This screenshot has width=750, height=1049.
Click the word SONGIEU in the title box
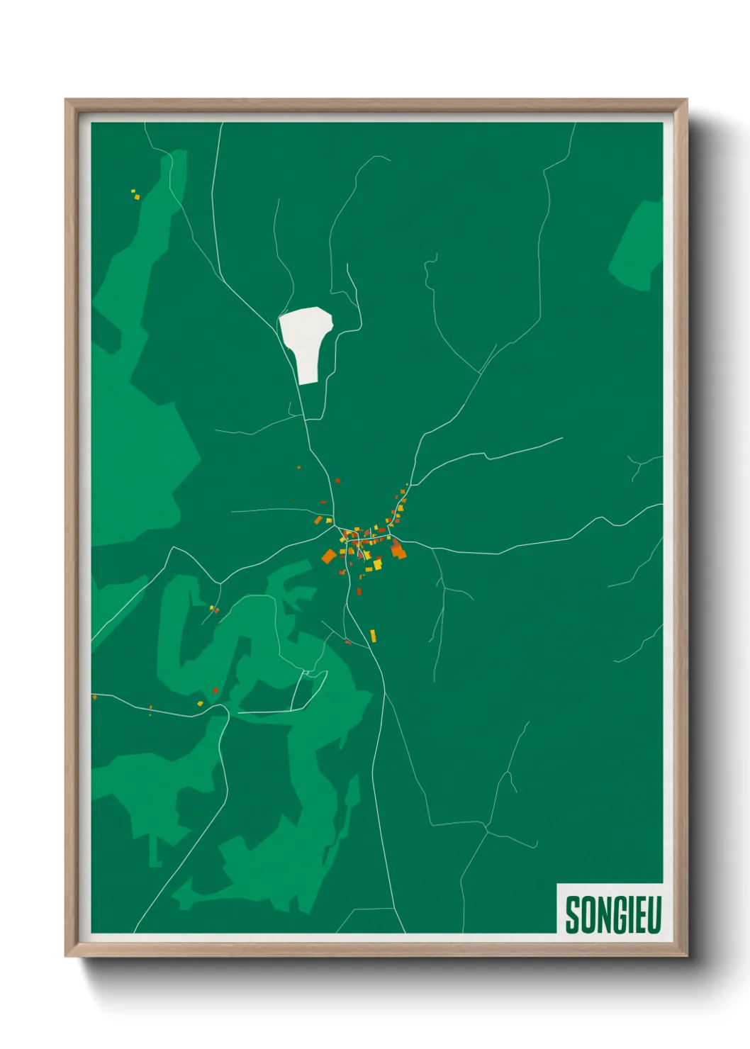(613, 914)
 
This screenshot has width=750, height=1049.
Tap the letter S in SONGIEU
(572, 914)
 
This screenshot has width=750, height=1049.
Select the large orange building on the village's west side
(328, 556)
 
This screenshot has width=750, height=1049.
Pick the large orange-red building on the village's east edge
(398, 550)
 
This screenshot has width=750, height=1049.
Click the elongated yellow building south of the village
(373, 636)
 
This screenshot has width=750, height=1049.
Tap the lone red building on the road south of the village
(359, 591)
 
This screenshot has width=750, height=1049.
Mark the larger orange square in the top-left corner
(138, 197)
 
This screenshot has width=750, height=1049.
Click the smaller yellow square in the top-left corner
(133, 191)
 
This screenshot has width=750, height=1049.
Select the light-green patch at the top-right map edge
(638, 245)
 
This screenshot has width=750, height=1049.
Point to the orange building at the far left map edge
(94, 697)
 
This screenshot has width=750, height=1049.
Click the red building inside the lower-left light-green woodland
(216, 690)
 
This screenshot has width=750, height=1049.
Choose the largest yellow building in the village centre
(378, 565)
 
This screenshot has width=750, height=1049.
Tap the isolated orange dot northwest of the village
(298, 467)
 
